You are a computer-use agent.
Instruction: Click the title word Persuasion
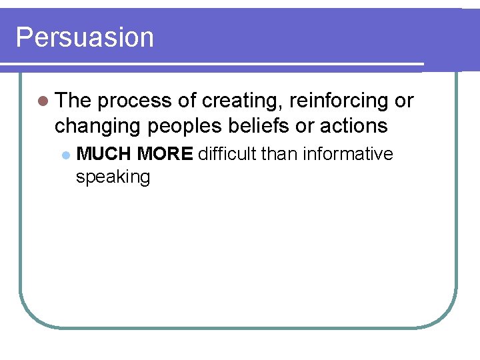84,37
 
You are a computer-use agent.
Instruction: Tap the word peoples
177,125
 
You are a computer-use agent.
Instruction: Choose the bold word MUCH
104,154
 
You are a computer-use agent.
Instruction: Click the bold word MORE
165,154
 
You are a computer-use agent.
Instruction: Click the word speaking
113,177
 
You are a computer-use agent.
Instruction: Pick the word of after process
187,101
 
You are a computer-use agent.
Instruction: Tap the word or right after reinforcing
404,101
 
